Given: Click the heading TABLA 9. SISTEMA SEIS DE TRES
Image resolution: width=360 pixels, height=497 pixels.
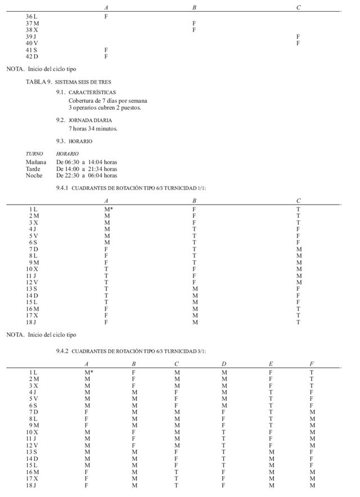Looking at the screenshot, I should (x=68, y=82).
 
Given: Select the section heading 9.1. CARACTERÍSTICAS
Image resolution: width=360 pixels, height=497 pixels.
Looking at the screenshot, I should (x=86, y=92).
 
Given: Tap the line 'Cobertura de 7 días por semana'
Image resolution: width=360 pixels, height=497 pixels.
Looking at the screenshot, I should (x=108, y=101).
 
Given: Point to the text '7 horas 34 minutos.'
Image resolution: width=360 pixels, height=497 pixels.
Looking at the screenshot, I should (x=93, y=129).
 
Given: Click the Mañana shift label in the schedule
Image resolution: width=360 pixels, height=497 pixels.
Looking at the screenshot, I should (x=36, y=162).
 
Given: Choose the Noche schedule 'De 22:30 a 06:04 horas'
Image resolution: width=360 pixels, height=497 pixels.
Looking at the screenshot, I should (x=87, y=175).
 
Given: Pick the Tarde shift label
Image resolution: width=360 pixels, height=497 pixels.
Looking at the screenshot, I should (x=33, y=169).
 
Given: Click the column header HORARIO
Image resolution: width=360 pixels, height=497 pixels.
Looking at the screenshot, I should (x=67, y=153).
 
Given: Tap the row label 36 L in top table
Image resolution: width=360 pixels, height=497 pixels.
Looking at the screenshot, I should (x=31, y=17).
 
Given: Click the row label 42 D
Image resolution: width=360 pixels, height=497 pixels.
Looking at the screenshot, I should (x=31, y=57).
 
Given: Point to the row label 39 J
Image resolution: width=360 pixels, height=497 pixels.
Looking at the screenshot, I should (x=31, y=37).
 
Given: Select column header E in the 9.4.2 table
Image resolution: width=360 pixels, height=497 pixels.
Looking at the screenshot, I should (x=271, y=364).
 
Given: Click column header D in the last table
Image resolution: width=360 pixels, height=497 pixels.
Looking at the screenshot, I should (x=224, y=364).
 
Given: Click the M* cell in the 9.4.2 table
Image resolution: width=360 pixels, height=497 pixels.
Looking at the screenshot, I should (x=88, y=372).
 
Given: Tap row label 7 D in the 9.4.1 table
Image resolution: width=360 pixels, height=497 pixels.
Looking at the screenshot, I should (x=34, y=249).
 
